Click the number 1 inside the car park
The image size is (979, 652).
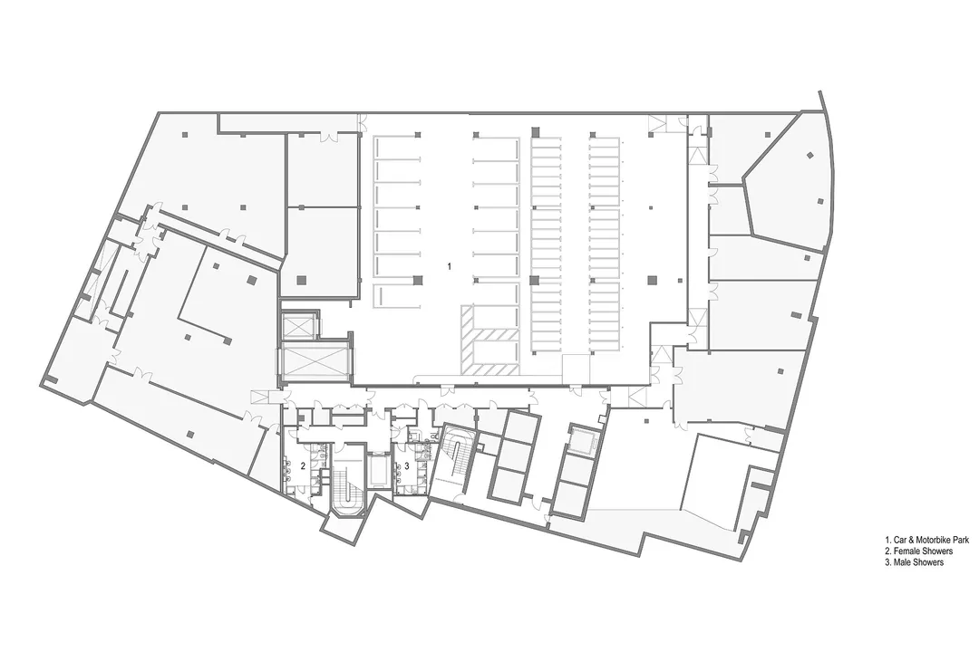point(448,267)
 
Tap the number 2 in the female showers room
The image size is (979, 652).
point(303,465)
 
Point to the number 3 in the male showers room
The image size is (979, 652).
point(407,465)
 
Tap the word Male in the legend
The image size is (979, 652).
point(903,563)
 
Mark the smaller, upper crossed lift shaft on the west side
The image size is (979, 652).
point(299,325)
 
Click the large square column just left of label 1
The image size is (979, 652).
point(417,281)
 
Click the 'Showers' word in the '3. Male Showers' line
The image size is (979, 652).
point(928,563)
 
